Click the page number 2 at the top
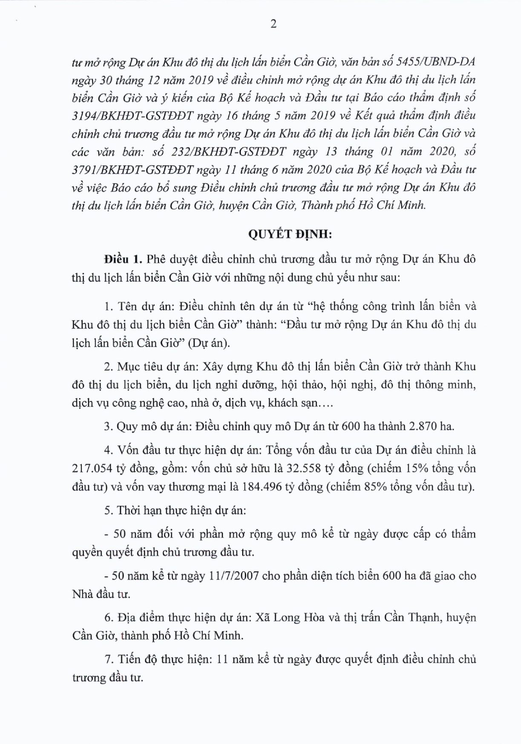tap(273, 24)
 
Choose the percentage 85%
tap(375, 487)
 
